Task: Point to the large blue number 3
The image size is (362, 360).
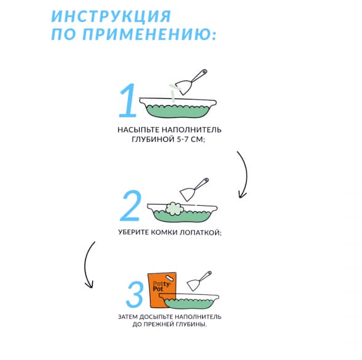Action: click(134, 295)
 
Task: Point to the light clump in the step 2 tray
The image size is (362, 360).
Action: click(175, 208)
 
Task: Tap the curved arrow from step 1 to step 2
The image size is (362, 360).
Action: click(243, 174)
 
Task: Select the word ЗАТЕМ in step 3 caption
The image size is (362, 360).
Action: click(127, 317)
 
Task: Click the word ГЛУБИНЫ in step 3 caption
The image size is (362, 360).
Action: click(189, 326)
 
